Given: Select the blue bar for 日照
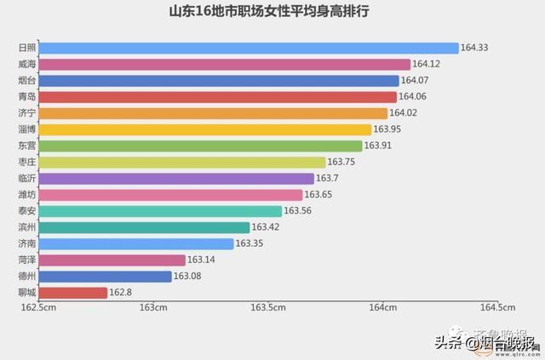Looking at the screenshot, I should point(249,49).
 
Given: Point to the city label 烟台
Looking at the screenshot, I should point(26,81).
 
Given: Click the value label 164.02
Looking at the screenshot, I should point(404,113).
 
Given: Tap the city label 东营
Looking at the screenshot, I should point(26,146).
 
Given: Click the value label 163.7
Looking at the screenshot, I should point(328,178).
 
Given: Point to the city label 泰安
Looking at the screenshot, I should point(26,211).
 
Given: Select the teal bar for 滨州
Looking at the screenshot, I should point(145,227).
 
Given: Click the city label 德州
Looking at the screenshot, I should point(26,276).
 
